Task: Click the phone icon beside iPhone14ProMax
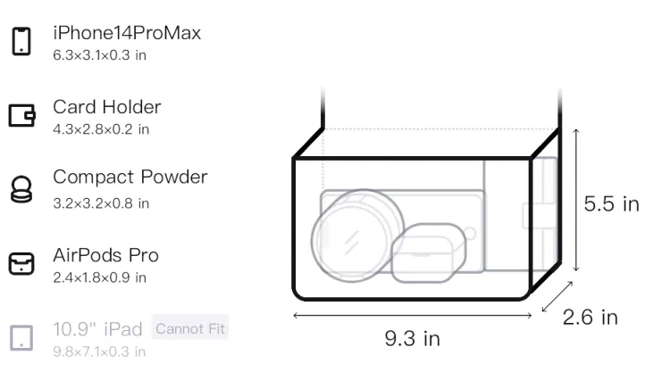pos(21,41)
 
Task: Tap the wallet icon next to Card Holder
pos(21,116)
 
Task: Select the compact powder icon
pos(21,189)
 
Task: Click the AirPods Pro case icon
pos(21,263)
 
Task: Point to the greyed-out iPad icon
pos(21,338)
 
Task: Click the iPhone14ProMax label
pos(127,33)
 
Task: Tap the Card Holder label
pos(107,107)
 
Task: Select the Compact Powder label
pos(130,177)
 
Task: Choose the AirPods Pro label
pos(106,255)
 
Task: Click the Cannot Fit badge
pos(190,328)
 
